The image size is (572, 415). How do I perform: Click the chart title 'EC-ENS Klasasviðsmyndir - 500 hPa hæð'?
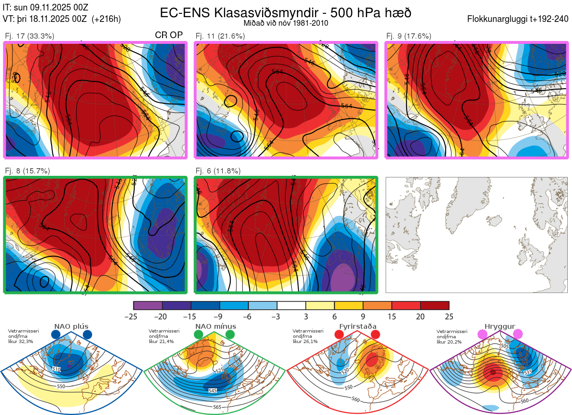point(286,12)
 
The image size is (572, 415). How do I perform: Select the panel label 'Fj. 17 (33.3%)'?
point(30,36)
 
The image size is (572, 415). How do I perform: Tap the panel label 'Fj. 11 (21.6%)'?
point(220,36)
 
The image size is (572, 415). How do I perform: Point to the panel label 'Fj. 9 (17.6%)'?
point(409,36)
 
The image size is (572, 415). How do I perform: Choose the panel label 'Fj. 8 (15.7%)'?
point(28,171)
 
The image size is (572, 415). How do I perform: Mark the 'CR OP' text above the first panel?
point(169,35)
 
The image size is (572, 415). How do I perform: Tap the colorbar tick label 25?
point(449,316)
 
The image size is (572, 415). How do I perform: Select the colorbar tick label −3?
point(277,316)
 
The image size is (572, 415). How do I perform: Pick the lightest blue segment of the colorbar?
point(263,305)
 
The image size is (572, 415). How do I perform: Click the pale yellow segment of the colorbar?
point(320,305)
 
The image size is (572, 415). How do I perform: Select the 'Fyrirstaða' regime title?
point(357,326)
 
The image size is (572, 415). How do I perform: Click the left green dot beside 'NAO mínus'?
point(198,335)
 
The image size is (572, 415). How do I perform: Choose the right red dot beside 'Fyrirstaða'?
point(375,335)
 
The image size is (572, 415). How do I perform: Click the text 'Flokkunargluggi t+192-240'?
point(518,20)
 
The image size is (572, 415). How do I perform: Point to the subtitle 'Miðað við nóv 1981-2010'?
point(286,23)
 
